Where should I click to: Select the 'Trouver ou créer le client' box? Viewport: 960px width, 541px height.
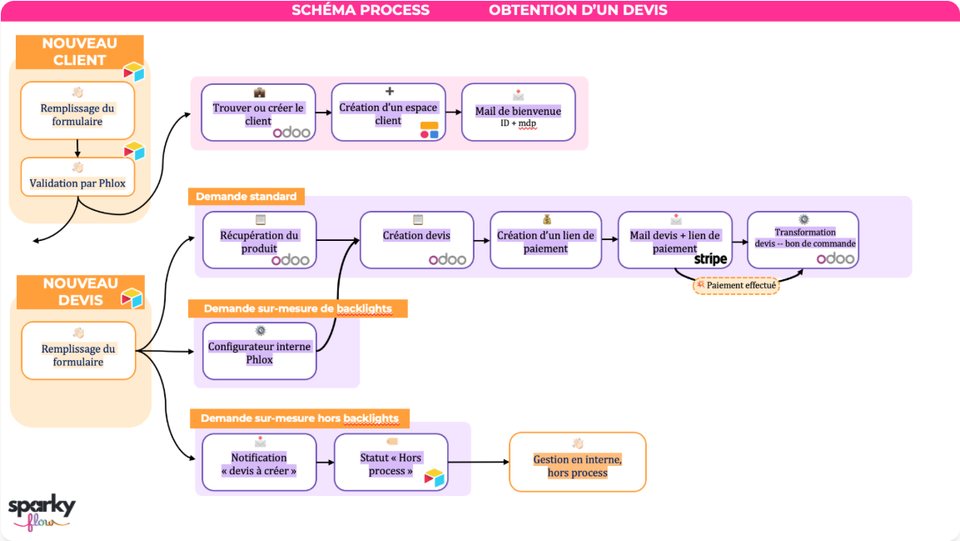pos(258,113)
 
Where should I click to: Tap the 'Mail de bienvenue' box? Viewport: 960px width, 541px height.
pos(518,113)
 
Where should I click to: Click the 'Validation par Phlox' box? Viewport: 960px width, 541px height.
pos(77,177)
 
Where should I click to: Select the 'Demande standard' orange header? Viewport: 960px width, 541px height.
pos(246,197)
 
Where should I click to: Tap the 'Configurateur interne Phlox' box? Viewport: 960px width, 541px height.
pos(259,350)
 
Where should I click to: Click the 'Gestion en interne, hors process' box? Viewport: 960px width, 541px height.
pos(577,461)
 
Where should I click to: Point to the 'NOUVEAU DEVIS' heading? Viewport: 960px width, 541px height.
pos(80,292)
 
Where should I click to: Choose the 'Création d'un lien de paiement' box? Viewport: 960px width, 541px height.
pos(545,240)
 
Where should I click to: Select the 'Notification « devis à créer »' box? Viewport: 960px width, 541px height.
pos(259,462)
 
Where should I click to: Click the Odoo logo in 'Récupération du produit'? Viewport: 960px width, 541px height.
pos(291,260)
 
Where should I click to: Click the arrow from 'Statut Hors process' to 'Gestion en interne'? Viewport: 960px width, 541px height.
pos(478,462)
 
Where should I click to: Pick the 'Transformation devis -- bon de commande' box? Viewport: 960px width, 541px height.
pos(803,239)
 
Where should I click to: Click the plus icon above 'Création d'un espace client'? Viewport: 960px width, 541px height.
pos(389,92)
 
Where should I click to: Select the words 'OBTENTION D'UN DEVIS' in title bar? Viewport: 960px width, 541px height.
pos(578,11)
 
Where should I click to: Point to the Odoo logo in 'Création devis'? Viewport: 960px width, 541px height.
pos(448,260)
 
